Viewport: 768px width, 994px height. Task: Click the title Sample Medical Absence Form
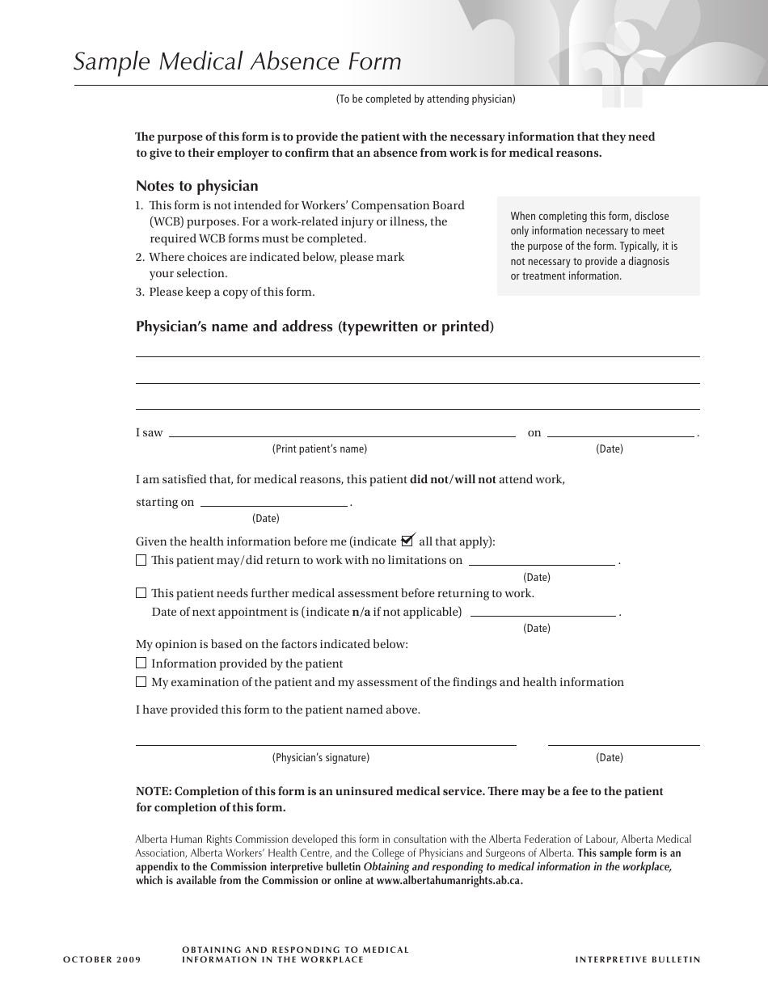[237, 62]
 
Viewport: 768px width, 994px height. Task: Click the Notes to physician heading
[196, 186]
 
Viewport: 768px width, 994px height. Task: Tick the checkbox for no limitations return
[141, 560]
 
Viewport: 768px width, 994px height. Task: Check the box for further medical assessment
[141, 593]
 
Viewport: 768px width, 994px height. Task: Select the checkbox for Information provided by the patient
[141, 663]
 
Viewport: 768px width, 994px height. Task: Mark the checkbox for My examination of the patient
[141, 682]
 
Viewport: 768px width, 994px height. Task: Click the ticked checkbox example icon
[407, 541]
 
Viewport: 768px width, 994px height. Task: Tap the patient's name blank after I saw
[342, 432]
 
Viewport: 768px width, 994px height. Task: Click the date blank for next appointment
[543, 612]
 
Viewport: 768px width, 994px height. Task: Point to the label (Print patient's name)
[319, 449]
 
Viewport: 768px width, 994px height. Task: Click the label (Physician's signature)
[320, 758]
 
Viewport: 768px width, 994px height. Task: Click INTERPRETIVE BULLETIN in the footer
[637, 960]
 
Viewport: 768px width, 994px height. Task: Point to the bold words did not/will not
[453, 479]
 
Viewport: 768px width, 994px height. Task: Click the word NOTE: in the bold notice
[154, 791]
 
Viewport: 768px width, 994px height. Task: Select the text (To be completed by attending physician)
[425, 99]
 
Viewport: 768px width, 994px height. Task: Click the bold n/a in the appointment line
[361, 612]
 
